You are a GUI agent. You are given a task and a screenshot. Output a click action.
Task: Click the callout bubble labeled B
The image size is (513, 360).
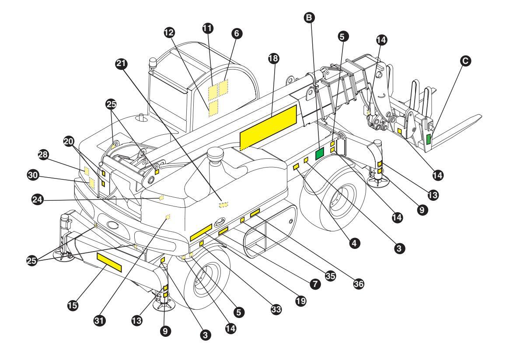pos(309,17)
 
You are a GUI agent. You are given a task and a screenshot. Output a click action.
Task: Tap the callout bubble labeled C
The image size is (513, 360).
pos(465,61)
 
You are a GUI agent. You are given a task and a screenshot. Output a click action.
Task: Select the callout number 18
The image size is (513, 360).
pos(273,58)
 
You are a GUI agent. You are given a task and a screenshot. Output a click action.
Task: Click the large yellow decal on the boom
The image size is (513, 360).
pos(268,127)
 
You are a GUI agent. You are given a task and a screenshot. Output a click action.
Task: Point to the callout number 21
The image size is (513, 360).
pos(122,63)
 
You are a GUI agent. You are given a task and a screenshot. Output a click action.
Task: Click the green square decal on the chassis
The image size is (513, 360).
pos(320,154)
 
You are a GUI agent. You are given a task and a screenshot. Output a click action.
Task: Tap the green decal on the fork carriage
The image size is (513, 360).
pos(429,139)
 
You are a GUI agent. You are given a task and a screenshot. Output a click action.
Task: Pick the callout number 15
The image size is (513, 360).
pos(73,305)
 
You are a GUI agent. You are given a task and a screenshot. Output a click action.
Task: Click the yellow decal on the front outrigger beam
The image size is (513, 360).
pos(109,262)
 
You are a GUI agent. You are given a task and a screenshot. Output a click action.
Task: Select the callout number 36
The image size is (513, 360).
pos(359,283)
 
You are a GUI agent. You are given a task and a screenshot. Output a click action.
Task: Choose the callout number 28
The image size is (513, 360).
pos(43,154)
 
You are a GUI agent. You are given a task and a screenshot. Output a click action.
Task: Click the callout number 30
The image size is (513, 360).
pos(33,175)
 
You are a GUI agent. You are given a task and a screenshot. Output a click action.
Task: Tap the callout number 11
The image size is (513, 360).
pos(207,28)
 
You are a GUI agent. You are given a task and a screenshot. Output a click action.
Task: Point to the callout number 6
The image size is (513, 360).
pos(237,33)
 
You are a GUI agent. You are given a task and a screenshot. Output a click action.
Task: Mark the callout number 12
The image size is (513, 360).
pos(169,32)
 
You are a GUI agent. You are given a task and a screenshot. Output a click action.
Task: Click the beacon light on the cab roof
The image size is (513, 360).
pos(152,64)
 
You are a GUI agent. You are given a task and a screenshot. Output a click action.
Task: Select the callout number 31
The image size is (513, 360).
pos(99,320)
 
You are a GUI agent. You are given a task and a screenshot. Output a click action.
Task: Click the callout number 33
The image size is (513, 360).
pos(276,309)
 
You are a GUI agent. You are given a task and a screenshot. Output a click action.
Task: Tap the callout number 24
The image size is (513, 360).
pos(37,199)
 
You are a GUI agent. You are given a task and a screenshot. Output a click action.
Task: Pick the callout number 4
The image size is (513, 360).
pos(354,243)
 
